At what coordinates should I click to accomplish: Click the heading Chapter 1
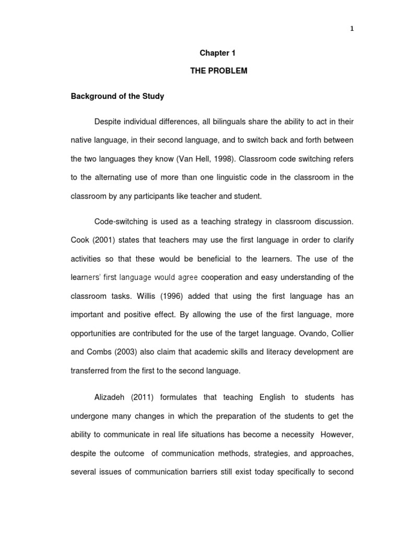[215, 53]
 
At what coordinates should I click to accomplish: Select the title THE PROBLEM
[218, 71]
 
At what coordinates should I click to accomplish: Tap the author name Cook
[80, 240]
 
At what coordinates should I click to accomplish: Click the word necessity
[296, 434]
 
